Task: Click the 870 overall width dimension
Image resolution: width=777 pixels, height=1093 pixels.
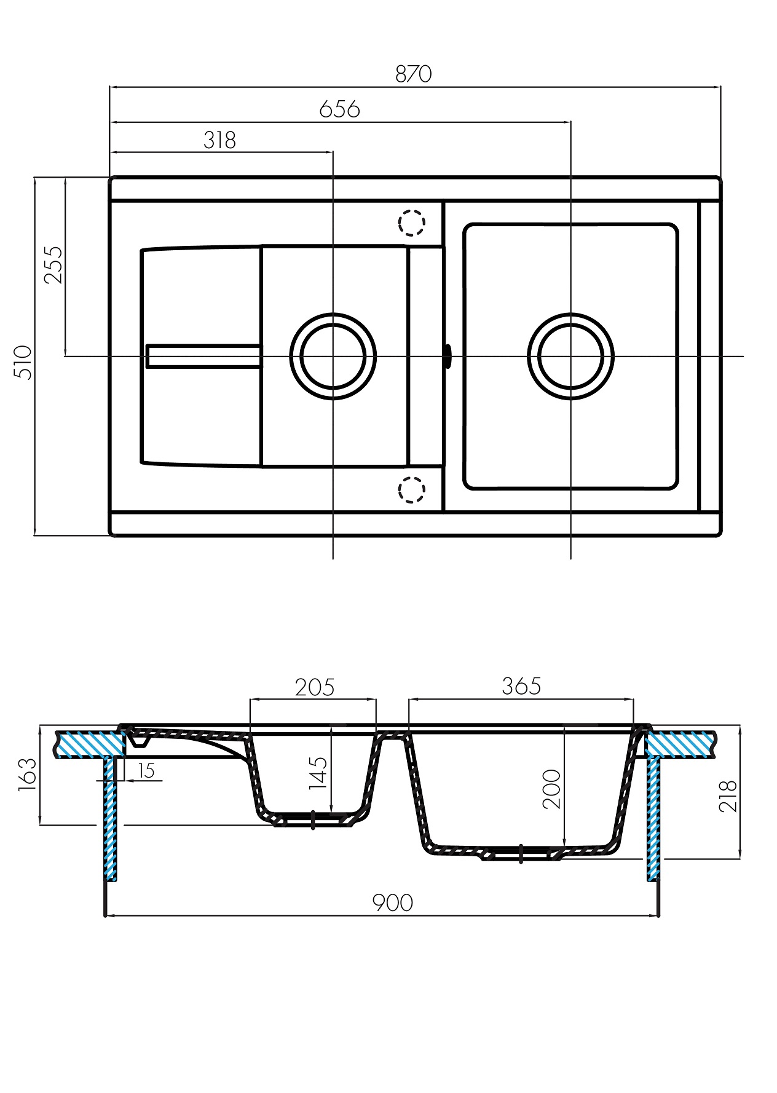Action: (x=413, y=74)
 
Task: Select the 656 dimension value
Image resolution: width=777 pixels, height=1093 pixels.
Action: (x=339, y=109)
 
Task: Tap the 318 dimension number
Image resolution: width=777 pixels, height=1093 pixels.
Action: (x=219, y=140)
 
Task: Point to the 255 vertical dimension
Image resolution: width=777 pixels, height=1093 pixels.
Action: (x=53, y=264)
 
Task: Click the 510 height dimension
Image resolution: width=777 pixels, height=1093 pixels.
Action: (x=23, y=363)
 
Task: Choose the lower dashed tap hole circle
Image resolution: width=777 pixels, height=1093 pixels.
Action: (x=411, y=489)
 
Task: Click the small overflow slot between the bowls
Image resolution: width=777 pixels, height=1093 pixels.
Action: (x=448, y=356)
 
